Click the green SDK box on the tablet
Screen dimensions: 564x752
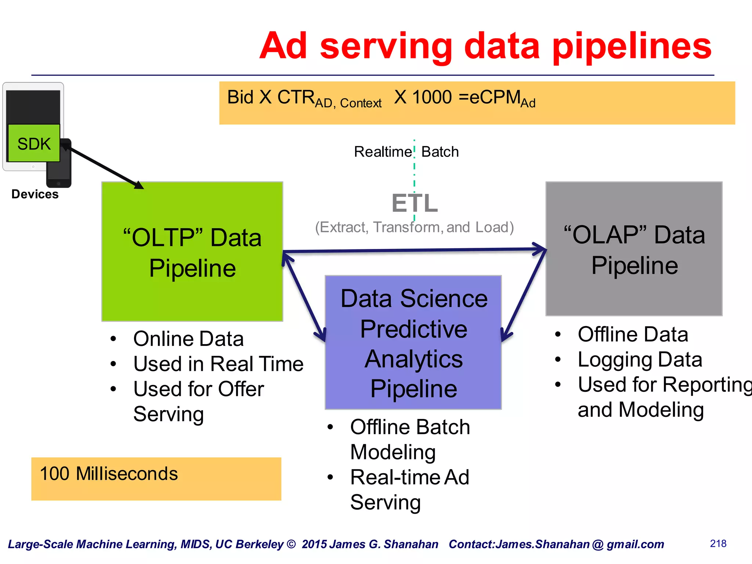[34, 143]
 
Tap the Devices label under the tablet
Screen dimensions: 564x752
[35, 194]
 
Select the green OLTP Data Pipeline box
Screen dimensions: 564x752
[192, 252]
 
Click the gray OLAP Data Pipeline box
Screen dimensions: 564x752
[634, 249]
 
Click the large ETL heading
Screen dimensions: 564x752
[415, 203]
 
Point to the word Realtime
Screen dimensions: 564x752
[383, 152]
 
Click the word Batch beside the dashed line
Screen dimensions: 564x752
[440, 152]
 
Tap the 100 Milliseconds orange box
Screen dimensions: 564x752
[156, 478]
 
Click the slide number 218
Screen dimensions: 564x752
[718, 543]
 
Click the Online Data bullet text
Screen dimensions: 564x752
[188, 339]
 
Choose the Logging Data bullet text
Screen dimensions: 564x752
[640, 359]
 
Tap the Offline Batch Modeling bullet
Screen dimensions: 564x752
[409, 439]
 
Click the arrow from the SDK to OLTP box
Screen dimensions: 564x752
[105, 167]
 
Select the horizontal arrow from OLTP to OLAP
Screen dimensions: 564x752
[414, 250]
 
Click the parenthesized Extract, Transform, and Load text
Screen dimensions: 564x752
[414, 227]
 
